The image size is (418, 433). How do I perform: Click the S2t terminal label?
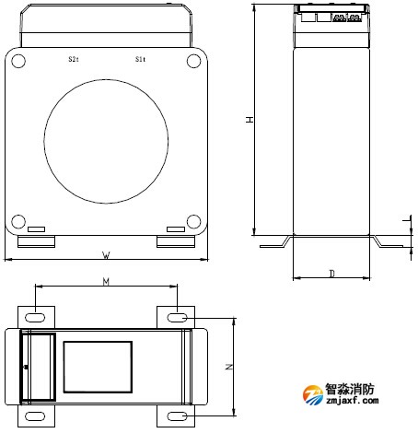point(74,59)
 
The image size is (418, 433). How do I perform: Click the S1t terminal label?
point(139,59)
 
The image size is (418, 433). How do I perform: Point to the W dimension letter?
point(106,254)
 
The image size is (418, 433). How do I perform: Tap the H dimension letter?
point(250,121)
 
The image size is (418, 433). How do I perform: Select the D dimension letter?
point(331,274)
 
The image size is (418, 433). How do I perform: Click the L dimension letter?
point(406,221)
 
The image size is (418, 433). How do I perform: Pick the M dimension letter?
point(106,283)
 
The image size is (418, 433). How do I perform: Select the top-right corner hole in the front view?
point(193,61)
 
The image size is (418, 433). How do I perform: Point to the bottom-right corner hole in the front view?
point(193,221)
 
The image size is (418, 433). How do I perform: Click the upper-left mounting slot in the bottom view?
point(35,317)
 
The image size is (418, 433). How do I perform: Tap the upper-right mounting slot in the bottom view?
point(178,317)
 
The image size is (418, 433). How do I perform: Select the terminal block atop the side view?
point(331,16)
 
